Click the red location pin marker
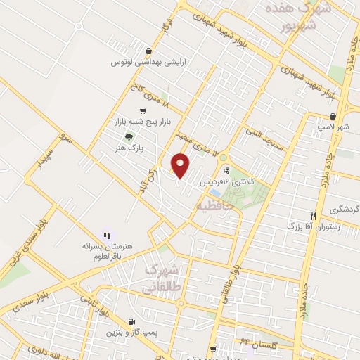point(181,165)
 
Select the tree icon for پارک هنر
point(127,137)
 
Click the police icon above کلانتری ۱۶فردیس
point(226,170)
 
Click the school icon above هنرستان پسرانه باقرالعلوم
point(108,236)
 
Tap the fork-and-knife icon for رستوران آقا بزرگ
point(314,216)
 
